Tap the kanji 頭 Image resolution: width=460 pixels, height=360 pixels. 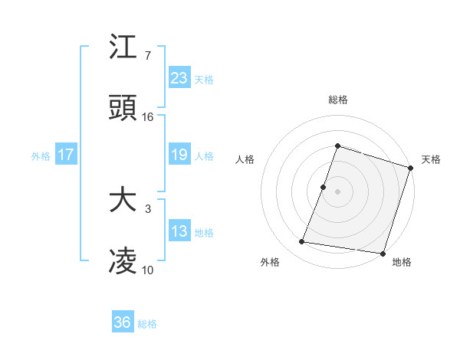pos(123,109)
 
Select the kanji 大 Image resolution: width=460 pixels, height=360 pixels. pos(123,201)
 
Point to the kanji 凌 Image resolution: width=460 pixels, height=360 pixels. pos(123,262)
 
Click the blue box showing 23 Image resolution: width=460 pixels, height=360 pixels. pos(179,78)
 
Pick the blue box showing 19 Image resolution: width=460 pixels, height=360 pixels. pos(179,155)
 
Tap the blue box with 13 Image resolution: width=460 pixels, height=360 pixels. pos(179,231)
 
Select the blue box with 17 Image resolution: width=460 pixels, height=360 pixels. pos(66,155)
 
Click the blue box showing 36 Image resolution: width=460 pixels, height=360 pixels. pos(123,322)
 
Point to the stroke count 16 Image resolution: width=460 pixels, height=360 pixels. pos(148,117)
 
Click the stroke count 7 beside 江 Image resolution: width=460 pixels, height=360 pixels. pos(147,56)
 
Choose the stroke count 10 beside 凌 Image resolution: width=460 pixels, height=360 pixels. pos(148,270)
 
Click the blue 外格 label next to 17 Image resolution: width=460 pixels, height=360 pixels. pos(41,155)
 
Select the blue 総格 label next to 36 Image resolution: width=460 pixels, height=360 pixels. pos(147,323)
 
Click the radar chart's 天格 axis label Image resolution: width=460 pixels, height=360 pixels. pos(431,159)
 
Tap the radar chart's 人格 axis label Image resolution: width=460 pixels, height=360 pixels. pos(245,159)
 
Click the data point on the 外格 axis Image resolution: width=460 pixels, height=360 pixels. pos(302,242)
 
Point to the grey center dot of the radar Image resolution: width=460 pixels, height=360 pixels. pos(337,191)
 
